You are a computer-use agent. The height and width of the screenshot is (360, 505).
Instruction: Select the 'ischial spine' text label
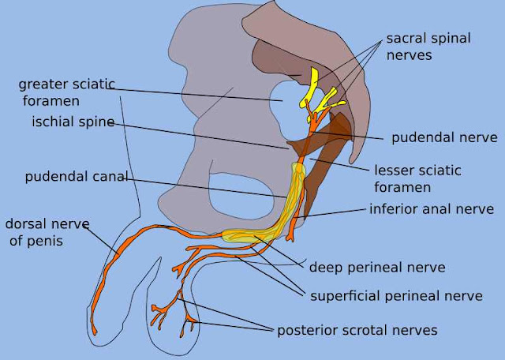point(73,122)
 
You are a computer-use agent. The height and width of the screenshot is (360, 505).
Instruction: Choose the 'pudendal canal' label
point(76,176)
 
